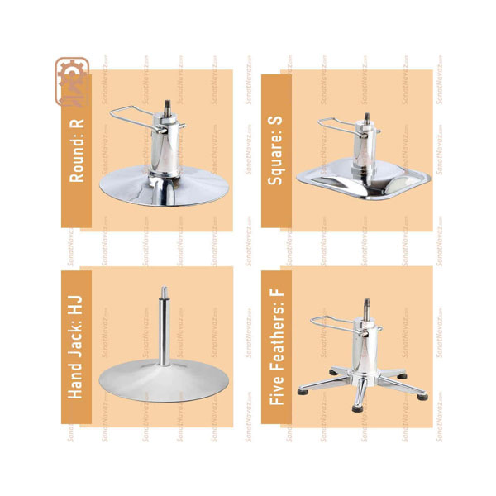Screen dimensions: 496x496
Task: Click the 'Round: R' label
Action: (x=77, y=150)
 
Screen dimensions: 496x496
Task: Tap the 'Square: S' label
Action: (x=274, y=150)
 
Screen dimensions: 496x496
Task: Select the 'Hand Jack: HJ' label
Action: (x=75, y=347)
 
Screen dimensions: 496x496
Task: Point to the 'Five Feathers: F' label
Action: (x=276, y=347)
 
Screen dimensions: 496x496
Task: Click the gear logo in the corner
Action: (x=72, y=81)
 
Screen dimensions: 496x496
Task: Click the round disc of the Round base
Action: (x=164, y=188)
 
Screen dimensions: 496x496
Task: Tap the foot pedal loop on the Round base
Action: (x=135, y=118)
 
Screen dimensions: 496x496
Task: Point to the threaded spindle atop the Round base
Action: (x=168, y=107)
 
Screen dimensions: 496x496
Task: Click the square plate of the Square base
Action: (x=364, y=180)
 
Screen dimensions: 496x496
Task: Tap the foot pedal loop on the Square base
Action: (x=340, y=126)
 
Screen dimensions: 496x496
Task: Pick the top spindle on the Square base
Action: (x=367, y=117)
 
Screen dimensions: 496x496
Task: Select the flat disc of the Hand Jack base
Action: (x=164, y=380)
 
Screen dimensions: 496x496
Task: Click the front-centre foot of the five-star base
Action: (x=357, y=408)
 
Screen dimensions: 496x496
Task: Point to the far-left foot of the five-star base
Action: (x=303, y=392)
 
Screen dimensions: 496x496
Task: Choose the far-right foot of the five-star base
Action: (x=422, y=397)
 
